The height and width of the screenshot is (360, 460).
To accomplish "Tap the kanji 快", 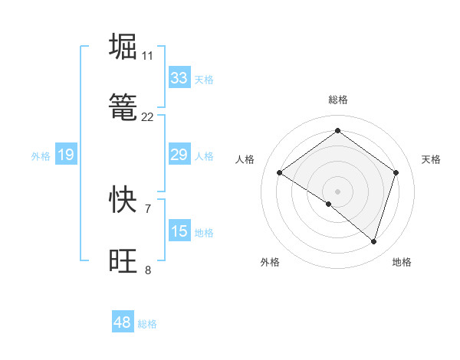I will (x=123, y=199).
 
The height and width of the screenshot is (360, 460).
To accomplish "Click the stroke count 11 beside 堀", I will (x=147, y=55).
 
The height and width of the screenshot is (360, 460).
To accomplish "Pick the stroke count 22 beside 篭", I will (x=147, y=117).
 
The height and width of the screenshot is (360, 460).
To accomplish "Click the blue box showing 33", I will (x=179, y=77).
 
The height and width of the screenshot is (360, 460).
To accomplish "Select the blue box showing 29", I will (x=179, y=155).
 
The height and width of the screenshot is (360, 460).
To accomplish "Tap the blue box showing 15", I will (x=179, y=231).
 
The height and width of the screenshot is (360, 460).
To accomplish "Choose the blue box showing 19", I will (x=66, y=155).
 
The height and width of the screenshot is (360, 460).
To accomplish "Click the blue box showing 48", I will (x=123, y=322).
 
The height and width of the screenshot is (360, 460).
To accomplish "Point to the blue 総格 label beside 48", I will (x=147, y=324).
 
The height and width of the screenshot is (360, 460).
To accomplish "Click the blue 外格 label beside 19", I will (x=41, y=156).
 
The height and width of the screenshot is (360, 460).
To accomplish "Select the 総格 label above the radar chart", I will (x=337, y=100).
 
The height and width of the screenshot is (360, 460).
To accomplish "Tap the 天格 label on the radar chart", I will (x=431, y=159).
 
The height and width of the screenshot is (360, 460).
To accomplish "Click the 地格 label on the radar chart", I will (x=402, y=262).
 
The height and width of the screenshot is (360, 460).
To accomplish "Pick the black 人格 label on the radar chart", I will (x=245, y=159).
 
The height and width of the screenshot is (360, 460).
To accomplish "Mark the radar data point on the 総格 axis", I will (x=337, y=130).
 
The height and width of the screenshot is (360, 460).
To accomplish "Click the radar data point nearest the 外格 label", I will (x=329, y=204).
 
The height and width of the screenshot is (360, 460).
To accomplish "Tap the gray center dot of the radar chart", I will (x=337, y=191).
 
